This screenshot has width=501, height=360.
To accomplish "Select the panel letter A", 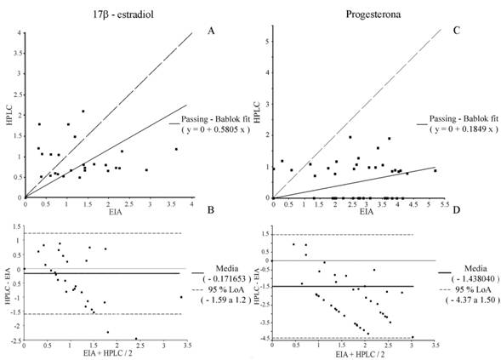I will coord(212,31).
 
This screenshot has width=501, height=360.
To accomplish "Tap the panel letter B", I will coord(212,223).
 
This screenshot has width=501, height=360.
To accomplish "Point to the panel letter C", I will coord(456,31).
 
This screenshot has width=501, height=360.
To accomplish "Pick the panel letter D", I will coord(456,223).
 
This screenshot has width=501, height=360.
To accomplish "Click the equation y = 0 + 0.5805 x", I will coord(219,138).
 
